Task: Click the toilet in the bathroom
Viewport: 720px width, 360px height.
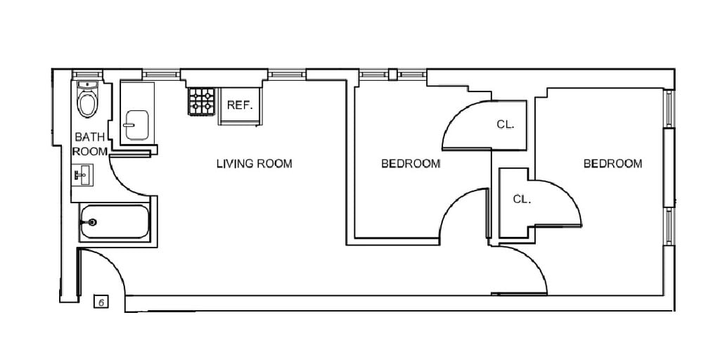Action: [87, 100]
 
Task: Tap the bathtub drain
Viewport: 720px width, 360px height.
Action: [92, 222]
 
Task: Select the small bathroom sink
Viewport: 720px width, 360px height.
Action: [83, 175]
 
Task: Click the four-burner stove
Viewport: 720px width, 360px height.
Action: [202, 101]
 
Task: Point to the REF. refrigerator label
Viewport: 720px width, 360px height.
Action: [240, 105]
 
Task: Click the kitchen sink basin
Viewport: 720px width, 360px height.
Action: [137, 125]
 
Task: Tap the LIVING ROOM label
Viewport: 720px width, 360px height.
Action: [254, 163]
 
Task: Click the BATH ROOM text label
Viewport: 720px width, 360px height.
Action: [90, 144]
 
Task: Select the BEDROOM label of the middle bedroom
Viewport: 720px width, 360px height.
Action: [411, 163]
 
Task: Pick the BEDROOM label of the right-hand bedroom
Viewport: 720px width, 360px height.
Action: [612, 163]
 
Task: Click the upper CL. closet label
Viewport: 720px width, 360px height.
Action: [505, 124]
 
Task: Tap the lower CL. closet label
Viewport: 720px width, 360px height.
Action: [522, 199]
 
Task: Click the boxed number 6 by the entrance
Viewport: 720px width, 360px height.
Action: [101, 302]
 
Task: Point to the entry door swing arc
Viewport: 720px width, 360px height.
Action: [112, 263]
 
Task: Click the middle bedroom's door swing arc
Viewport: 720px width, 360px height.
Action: [452, 200]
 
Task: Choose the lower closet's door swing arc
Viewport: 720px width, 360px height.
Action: [568, 193]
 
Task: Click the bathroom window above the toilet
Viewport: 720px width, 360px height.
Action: [87, 74]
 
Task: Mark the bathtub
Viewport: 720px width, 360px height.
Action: [115, 221]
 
